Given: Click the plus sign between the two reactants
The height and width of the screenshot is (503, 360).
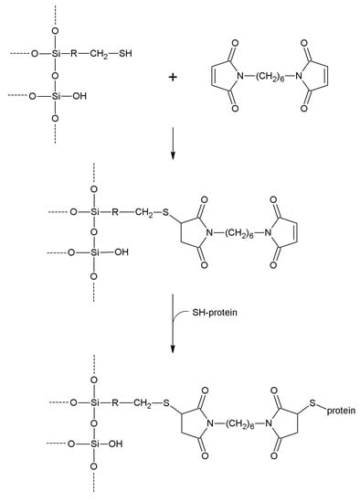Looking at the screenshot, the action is [x=173, y=77].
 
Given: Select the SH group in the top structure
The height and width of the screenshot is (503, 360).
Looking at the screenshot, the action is [x=138, y=53].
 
